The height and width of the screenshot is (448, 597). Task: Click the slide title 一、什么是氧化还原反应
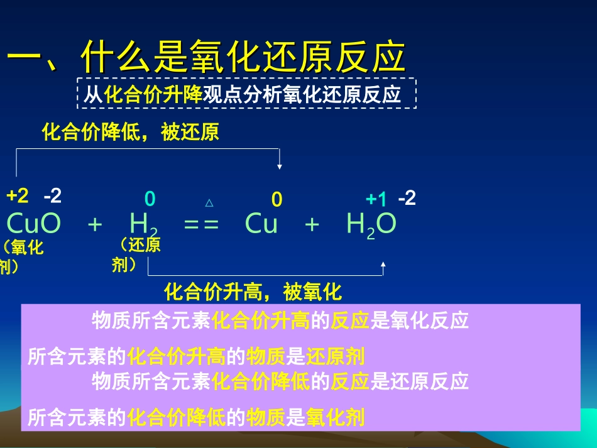[205, 58]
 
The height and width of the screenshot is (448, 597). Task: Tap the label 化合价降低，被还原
[130, 133]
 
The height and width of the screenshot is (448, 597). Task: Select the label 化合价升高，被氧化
[253, 292]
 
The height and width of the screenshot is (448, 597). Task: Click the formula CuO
[34, 224]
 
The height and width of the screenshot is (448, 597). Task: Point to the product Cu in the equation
[261, 224]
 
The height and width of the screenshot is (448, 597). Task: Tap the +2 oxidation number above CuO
[18, 196]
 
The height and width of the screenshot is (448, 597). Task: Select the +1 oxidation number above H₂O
[376, 199]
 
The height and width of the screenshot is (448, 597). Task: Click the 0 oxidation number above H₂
[150, 199]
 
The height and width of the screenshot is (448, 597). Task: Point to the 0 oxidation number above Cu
[277, 200]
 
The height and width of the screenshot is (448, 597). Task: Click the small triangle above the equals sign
[209, 203]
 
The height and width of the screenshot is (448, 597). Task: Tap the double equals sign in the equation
[202, 225]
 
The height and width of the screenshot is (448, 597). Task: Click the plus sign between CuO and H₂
[95, 225]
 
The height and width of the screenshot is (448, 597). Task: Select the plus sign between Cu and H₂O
[312, 225]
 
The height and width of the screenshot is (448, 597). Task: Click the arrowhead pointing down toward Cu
[280, 167]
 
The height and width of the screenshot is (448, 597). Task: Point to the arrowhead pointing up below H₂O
[383, 265]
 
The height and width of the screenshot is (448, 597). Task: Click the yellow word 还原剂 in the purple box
[335, 357]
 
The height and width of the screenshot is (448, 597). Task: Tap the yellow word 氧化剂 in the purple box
[335, 418]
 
